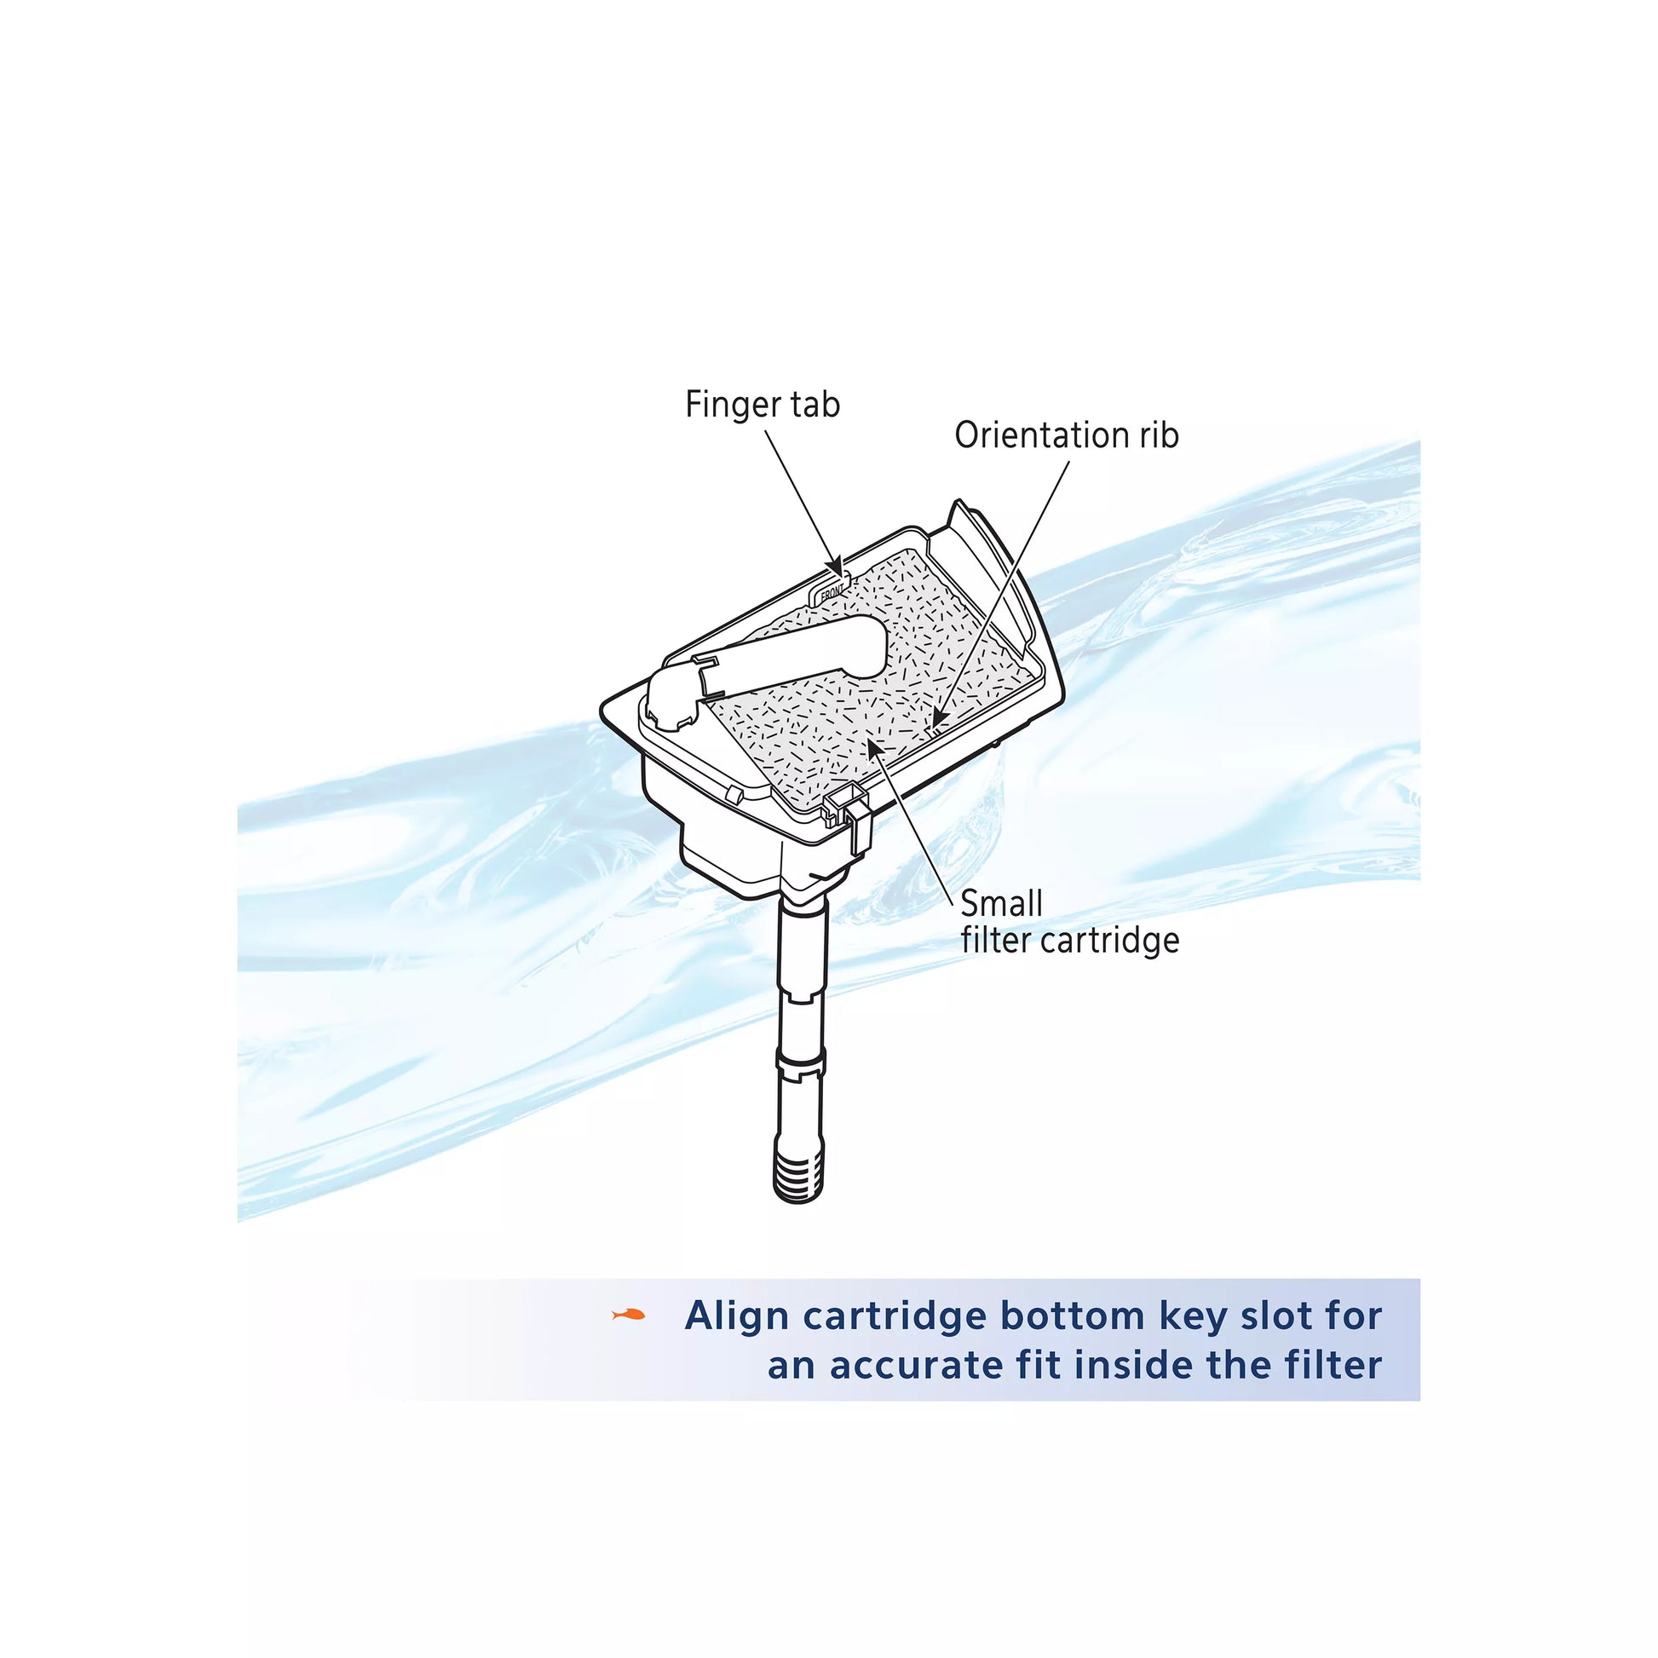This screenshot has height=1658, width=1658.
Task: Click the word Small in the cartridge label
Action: pyautogui.click(x=1001, y=904)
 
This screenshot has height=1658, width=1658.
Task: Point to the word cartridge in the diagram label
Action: pyautogui.click(x=1109, y=941)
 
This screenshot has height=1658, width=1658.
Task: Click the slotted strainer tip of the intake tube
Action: pyautogui.click(x=798, y=1172)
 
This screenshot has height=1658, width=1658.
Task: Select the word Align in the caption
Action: pyautogui.click(x=737, y=1316)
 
